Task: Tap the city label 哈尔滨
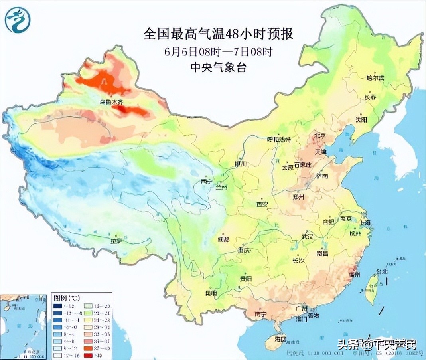coord(375,78)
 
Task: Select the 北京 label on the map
coord(321,136)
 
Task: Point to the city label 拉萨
coord(116,241)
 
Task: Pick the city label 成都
coord(223,239)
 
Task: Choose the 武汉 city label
coord(308,236)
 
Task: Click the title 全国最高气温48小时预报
coord(218,34)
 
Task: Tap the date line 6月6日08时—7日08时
coord(218,52)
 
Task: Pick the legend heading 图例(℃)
coord(65,298)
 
